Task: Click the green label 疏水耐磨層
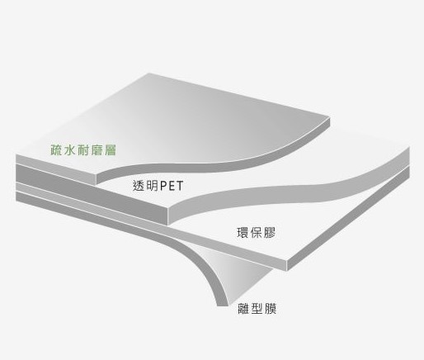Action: point(83,150)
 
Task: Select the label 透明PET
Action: point(158,186)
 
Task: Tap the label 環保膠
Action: point(256,233)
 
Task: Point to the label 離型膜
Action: point(257,309)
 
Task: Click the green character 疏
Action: point(56,150)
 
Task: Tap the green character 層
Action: point(111,150)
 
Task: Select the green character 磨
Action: point(97,150)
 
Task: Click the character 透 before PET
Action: point(139,186)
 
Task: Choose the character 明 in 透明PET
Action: point(152,186)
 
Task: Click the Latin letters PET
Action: point(172,187)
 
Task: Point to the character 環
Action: point(243,233)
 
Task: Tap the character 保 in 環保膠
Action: point(257,233)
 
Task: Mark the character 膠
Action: point(270,233)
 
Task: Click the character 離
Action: point(243,309)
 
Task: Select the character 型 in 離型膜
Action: point(257,309)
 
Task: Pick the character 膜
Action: point(271,309)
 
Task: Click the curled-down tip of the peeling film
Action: point(223,305)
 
